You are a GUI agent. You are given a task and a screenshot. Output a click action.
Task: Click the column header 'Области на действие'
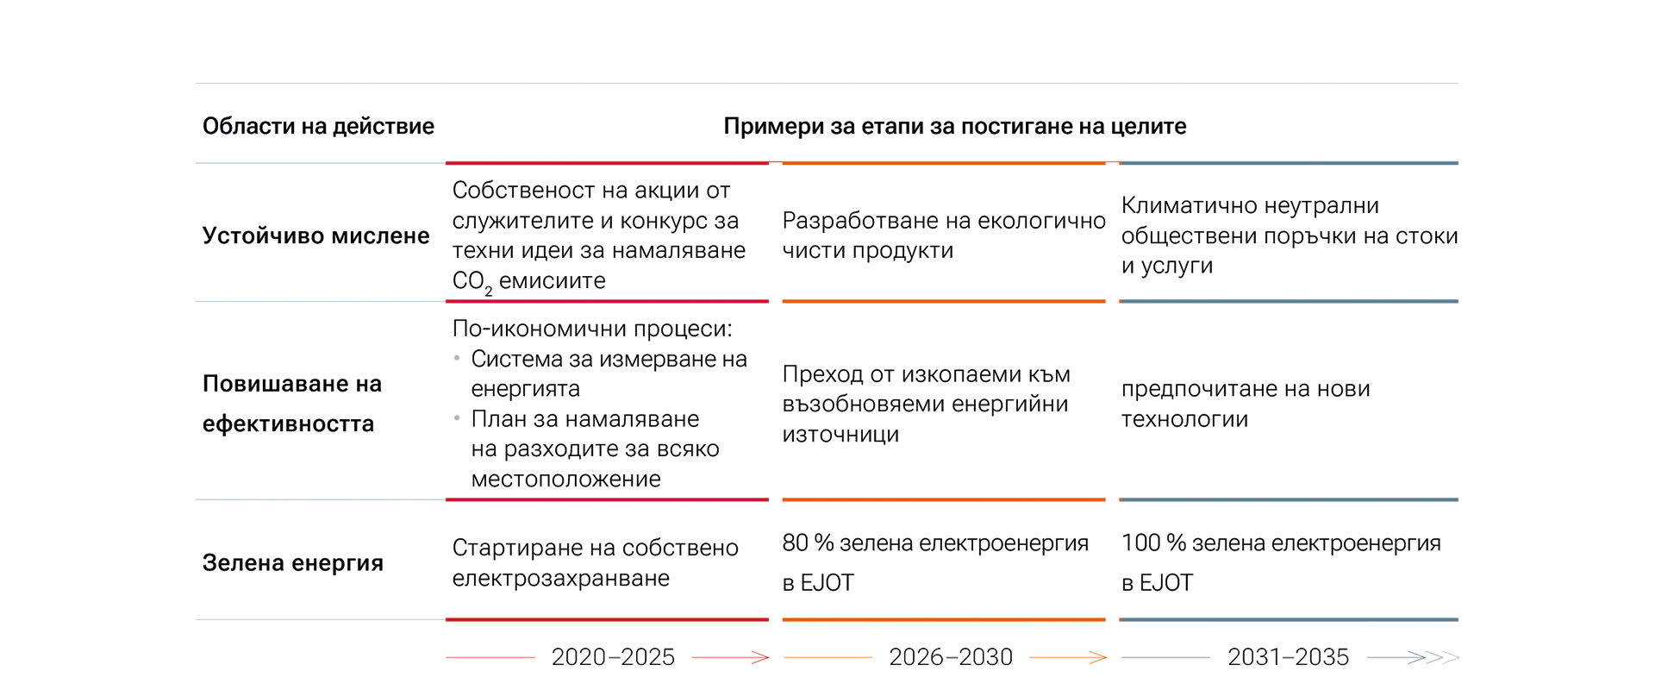pos(318,127)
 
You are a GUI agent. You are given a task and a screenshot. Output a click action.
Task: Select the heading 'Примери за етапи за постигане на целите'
pos(954,127)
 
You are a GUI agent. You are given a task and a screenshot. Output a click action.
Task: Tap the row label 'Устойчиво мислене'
pos(315,235)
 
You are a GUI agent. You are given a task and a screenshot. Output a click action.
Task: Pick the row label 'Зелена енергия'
pos(292,563)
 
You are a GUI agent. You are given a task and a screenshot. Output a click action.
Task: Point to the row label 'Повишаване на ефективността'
pos(292,403)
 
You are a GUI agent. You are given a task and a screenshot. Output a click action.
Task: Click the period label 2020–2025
pos(613,657)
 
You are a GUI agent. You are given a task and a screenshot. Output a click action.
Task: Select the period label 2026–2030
pos(950,657)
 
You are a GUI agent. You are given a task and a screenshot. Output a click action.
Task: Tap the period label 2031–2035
pos(1288,657)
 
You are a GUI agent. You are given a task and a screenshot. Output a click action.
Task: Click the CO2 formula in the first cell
pos(472,281)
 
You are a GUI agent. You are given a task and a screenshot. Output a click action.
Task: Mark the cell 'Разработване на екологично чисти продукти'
pos(943,235)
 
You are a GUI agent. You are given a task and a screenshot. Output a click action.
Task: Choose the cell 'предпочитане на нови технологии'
pos(1245,404)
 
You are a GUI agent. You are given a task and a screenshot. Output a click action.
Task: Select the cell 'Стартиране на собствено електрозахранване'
pos(595,562)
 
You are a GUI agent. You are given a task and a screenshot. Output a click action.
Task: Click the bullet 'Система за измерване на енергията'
pos(608,373)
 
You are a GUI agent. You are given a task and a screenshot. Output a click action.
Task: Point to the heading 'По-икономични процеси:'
pos(591,329)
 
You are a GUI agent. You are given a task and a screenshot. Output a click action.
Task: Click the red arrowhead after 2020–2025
pos(760,657)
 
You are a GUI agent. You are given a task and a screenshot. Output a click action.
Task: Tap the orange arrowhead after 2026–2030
pos(1098,657)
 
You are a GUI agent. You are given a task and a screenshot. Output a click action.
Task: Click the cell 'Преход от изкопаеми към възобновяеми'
pos(925,404)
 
